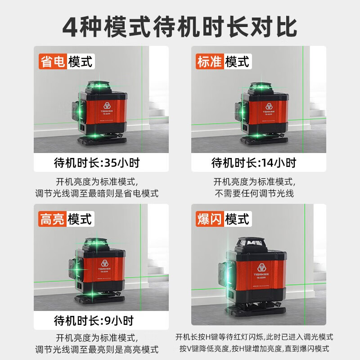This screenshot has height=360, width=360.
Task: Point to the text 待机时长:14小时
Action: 254,162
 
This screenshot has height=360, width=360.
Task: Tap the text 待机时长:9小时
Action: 94,321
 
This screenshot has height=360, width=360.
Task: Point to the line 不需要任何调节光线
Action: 254,193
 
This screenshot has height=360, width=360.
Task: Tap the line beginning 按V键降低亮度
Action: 255,349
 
